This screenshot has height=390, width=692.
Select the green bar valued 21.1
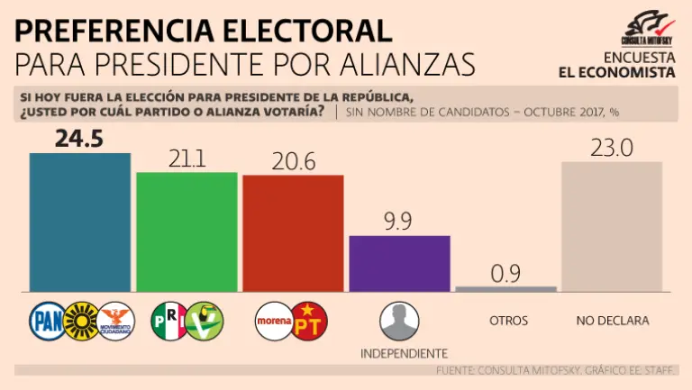(187, 231)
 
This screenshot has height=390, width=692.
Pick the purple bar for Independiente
(399, 263)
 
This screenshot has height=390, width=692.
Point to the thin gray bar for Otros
(505, 289)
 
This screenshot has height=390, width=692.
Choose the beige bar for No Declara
(612, 226)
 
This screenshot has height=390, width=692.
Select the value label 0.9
(506, 273)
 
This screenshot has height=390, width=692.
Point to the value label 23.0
(612, 148)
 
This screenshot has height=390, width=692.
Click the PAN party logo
(47, 320)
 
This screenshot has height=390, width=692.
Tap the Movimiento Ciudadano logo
(115, 320)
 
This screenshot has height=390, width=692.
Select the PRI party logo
(168, 320)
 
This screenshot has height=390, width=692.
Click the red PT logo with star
(310, 321)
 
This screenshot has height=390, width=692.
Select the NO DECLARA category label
(612, 321)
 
